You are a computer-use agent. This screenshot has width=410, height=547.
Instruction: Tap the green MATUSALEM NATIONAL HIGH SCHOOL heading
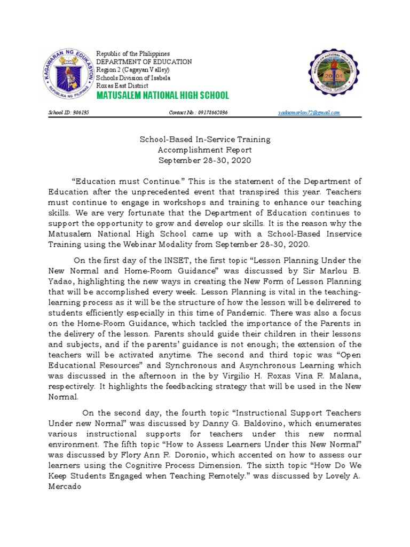point(162,96)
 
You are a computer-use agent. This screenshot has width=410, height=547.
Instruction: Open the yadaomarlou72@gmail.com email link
point(309,113)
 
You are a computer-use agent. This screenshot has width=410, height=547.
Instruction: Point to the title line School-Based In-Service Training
point(205,139)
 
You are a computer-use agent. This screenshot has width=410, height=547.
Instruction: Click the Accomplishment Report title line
point(205,150)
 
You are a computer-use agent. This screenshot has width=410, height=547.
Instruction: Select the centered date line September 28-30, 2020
point(205,160)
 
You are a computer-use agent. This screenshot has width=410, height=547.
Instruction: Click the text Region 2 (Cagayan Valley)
point(133,70)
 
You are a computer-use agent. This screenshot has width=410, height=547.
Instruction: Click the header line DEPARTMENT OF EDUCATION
point(143,62)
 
